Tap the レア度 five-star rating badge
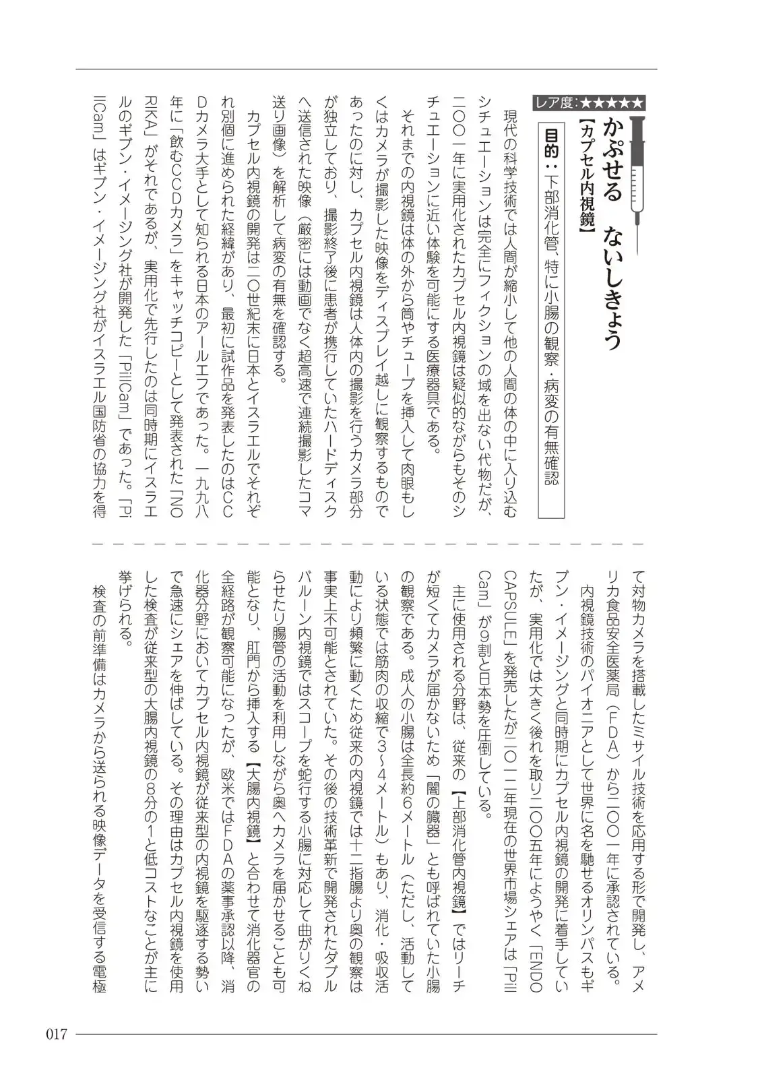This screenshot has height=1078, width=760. point(588,103)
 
